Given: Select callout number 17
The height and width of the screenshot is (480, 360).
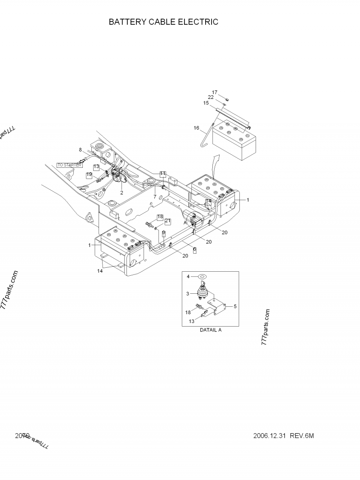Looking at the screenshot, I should point(215,93).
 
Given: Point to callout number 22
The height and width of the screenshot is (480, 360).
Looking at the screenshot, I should point(211,97).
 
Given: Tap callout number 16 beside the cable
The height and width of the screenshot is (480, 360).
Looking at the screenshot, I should point(196,128).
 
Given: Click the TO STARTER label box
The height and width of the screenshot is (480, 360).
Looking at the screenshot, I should point(70,165).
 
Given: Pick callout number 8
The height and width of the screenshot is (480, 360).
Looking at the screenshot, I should point(81,149).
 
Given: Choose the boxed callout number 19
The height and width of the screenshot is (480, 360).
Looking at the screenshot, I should point(90,174).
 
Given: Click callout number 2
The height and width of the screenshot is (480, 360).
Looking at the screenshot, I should point(121,192).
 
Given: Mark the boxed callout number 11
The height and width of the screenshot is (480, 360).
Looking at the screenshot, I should point(162,174).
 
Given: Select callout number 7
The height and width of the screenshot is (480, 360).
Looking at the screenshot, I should point(154,197).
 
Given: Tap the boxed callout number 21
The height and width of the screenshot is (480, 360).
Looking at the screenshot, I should point(167,221).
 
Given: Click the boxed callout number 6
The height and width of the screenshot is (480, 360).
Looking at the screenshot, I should point(194,250).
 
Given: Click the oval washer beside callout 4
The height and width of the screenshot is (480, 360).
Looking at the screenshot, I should point(202,277).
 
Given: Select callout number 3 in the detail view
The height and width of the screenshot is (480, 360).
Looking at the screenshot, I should point(188,293).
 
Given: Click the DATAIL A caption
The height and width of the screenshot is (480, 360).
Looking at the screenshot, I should point(211,330).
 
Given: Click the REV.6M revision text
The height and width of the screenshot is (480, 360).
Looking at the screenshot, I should point(301,435).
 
